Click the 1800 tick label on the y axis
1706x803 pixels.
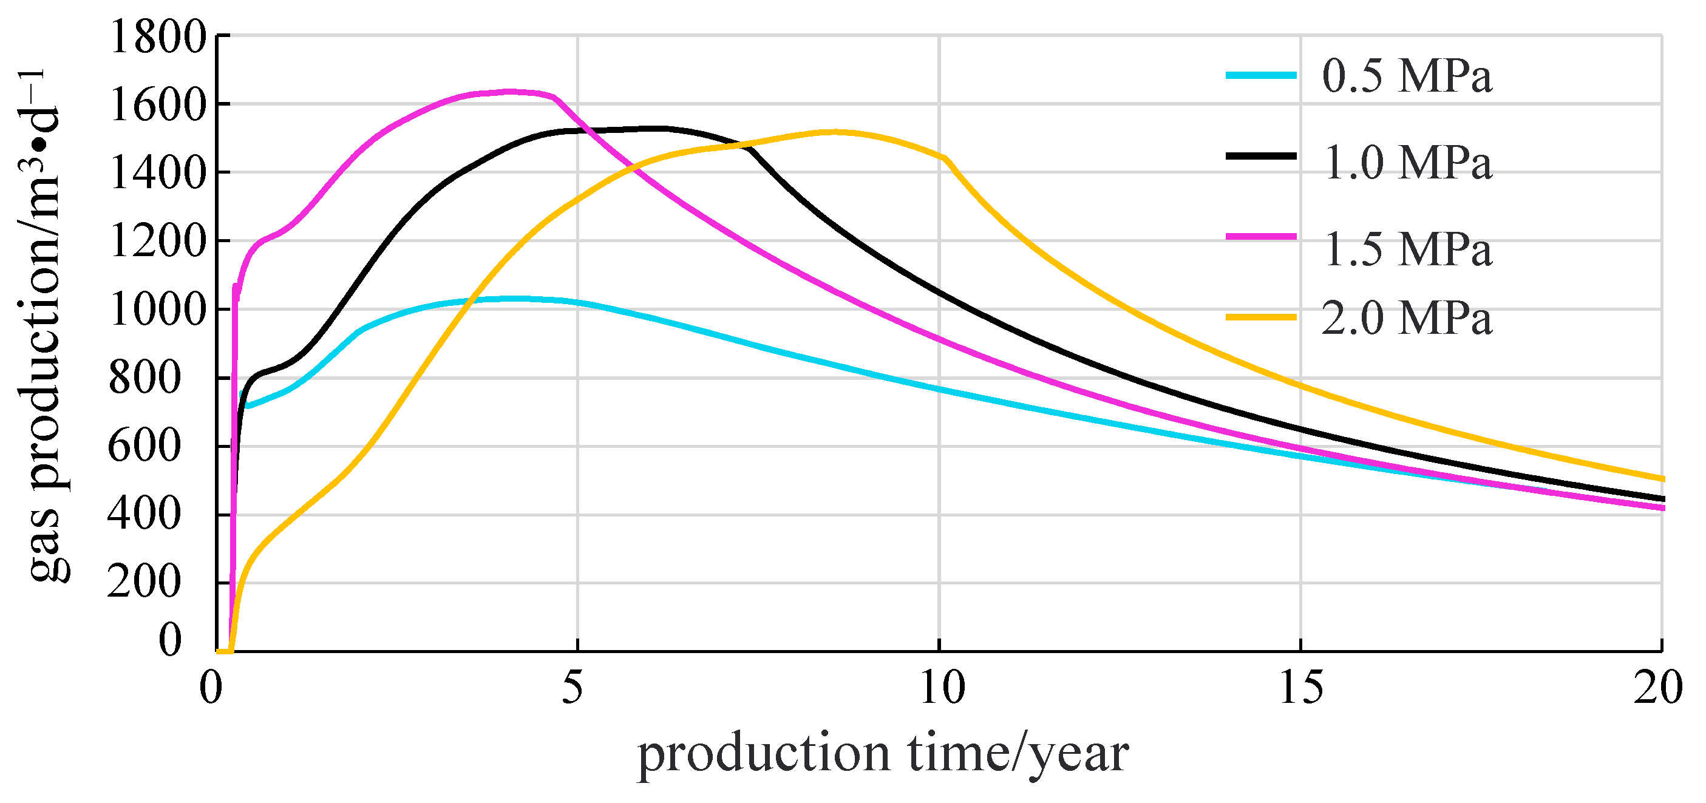tap(158, 37)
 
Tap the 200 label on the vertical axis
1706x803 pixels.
tap(144, 583)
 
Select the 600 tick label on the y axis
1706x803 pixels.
tap(144, 446)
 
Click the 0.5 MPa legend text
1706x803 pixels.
tap(1407, 76)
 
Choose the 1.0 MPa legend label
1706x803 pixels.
tap(1407, 162)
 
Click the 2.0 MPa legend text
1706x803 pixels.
tap(1407, 319)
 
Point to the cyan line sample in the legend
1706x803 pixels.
tap(1261, 75)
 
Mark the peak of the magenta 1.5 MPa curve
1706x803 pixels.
tap(510, 92)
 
